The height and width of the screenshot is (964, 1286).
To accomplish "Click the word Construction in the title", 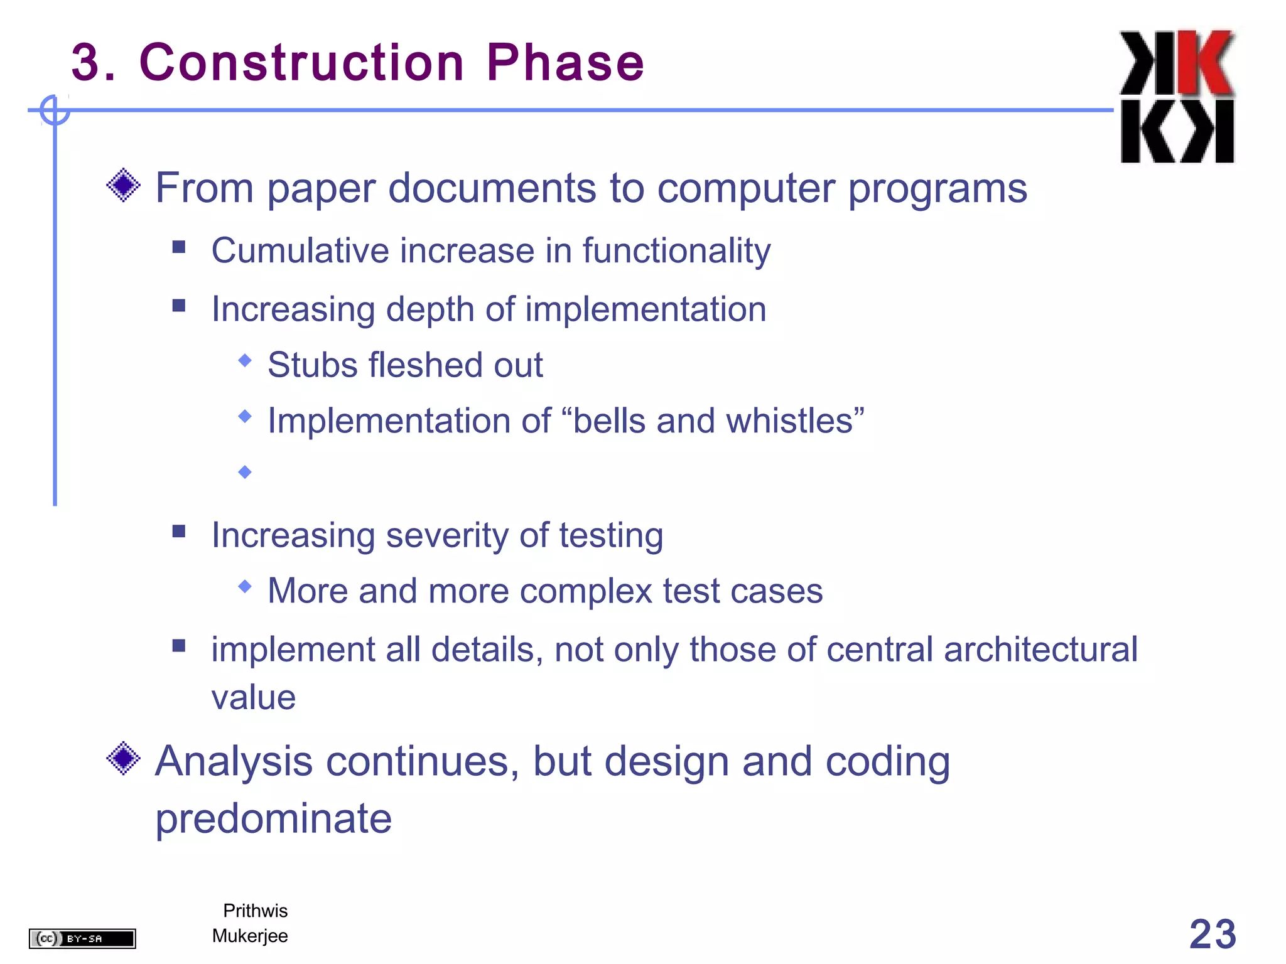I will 301,63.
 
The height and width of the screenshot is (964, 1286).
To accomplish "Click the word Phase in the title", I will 565,63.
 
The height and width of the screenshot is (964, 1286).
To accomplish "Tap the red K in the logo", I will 1204,63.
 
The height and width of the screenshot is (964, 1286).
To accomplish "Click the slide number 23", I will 1212,934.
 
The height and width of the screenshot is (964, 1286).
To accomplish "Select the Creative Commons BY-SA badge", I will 82,938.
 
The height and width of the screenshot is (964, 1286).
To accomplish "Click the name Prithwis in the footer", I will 255,911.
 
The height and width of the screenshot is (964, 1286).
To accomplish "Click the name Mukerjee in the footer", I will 250,936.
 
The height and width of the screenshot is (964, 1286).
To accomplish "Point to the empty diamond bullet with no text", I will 245,472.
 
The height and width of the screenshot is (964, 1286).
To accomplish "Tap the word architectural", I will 1040,650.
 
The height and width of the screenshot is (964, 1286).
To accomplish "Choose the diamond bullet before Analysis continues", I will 124,758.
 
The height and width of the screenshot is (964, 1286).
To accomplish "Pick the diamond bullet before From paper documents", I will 124,185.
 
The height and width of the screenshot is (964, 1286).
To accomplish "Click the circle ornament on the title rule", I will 55,110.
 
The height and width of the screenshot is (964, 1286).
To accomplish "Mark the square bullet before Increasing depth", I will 179,306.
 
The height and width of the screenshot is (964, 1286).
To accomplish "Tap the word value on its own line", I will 254,698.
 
